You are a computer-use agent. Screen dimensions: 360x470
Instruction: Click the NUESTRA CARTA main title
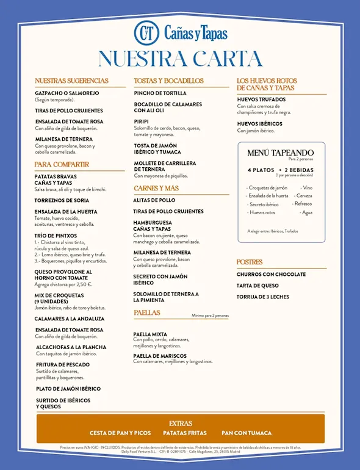[180, 59]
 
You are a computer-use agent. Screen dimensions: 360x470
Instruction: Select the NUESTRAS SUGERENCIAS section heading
[71, 81]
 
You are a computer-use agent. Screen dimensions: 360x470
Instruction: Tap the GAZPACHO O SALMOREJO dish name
[67, 93]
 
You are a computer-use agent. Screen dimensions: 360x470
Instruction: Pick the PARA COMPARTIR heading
[62, 165]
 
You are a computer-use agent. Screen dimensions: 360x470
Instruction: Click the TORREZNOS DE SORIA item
[62, 200]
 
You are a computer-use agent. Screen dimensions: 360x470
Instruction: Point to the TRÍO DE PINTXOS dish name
[56, 236]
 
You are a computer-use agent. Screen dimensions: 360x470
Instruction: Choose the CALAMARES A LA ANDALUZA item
[70, 319]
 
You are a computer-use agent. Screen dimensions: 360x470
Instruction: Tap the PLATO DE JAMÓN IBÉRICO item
[68, 389]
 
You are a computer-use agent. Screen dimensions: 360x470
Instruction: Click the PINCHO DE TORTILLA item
[160, 93]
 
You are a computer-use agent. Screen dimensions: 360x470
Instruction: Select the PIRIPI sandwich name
[142, 121]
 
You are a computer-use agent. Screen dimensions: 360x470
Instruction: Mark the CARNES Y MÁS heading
[156, 189]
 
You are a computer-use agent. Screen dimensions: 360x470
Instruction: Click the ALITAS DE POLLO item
[154, 200]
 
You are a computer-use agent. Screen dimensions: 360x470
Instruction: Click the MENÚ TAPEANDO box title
[280, 153]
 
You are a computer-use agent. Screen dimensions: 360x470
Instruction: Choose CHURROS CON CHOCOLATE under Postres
[272, 275]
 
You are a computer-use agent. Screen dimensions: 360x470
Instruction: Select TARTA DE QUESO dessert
[257, 286]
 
